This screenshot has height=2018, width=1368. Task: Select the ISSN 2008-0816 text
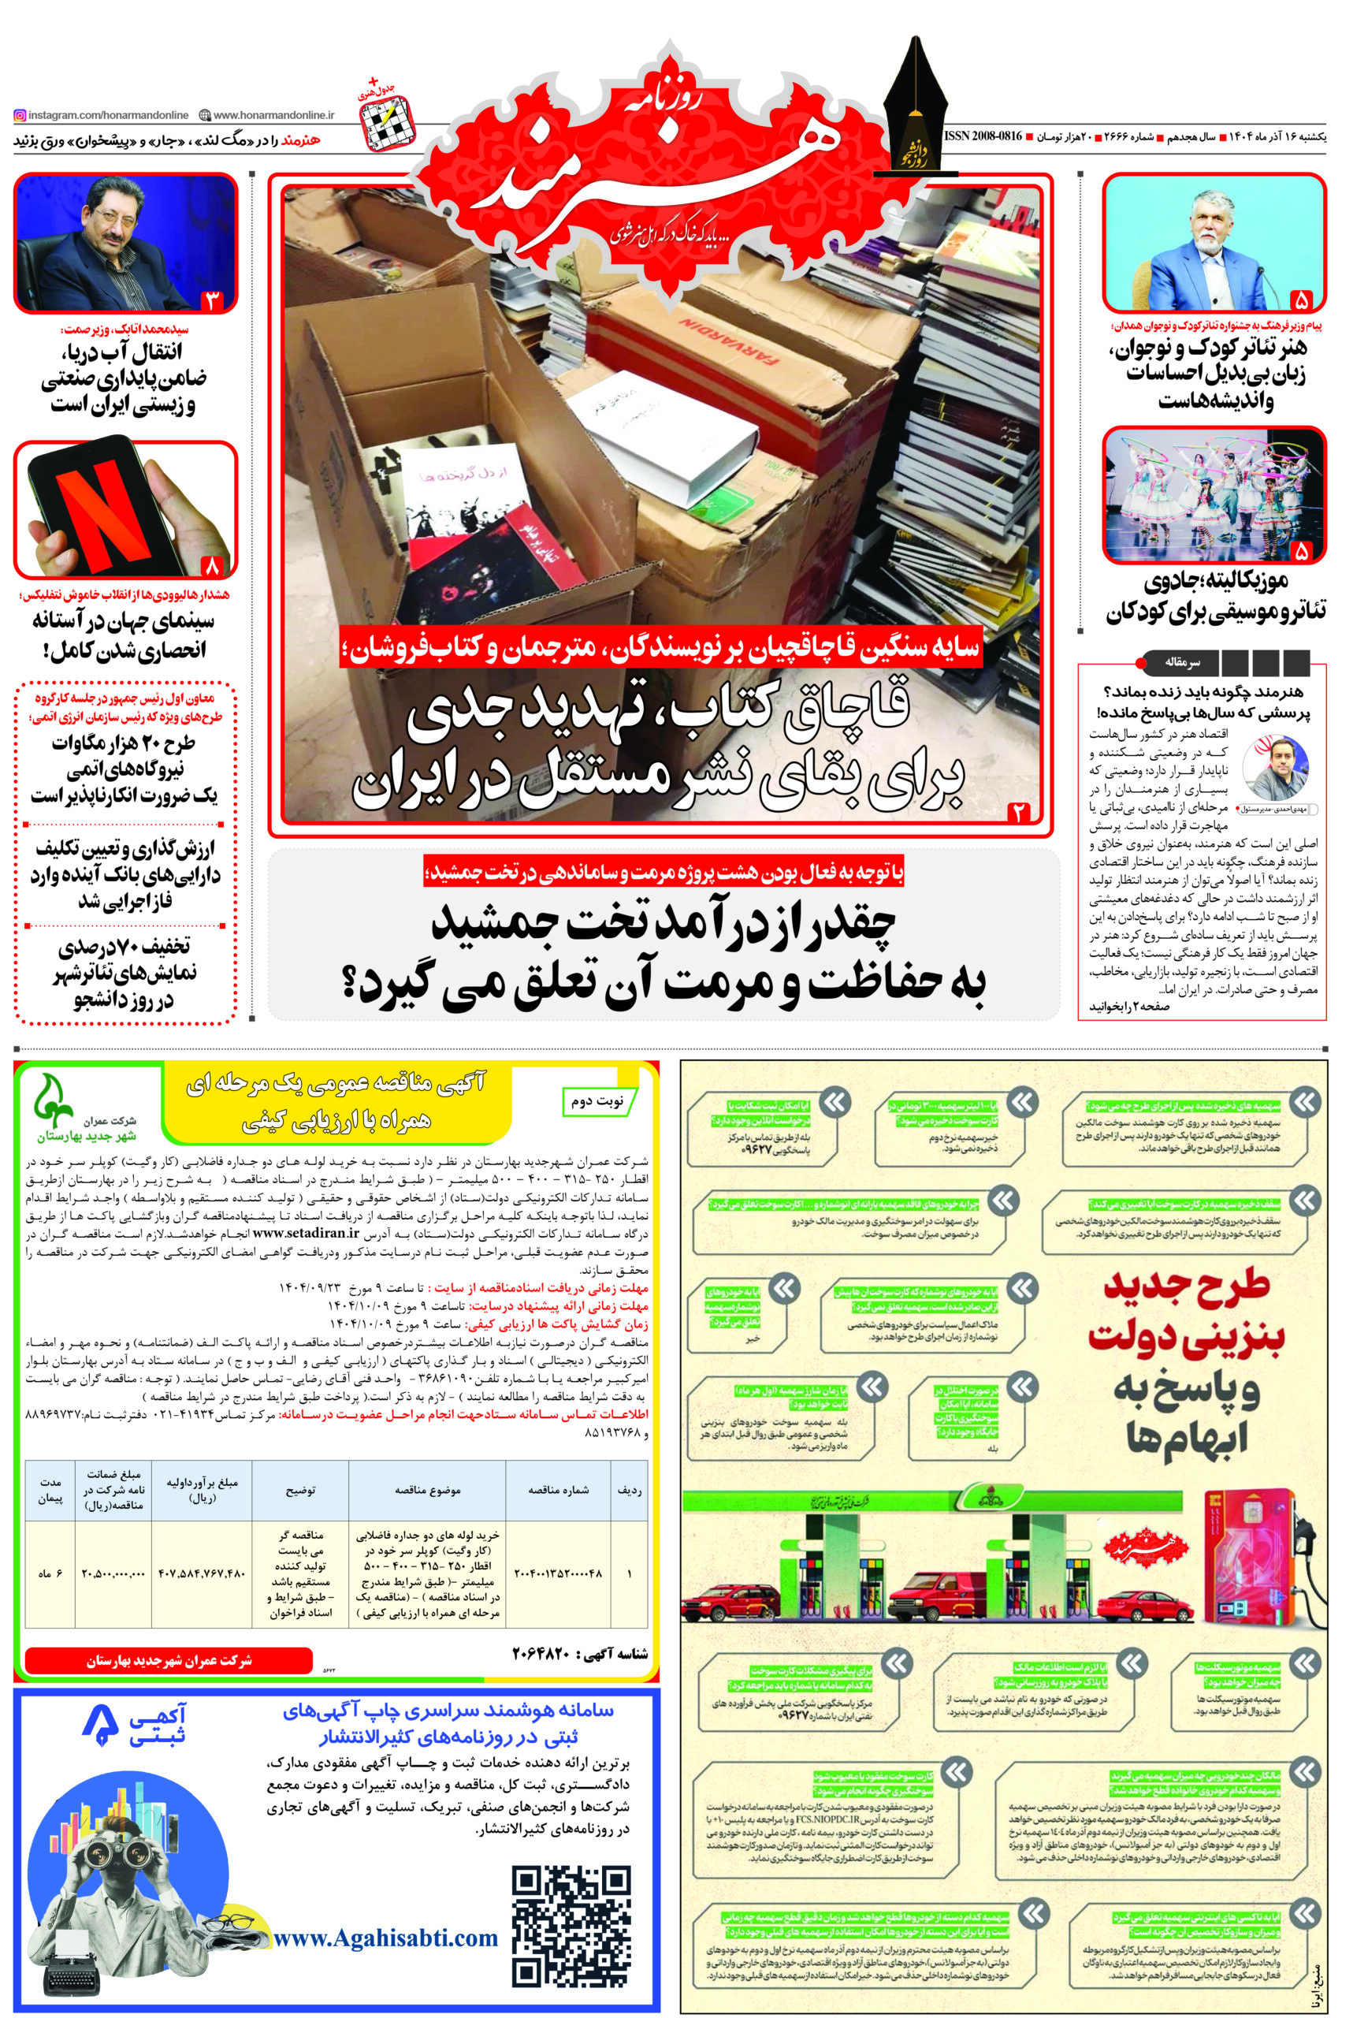point(983,137)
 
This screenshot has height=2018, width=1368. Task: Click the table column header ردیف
point(630,1490)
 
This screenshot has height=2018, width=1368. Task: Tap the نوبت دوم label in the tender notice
point(597,1101)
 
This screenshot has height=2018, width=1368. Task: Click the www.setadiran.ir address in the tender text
point(307,1232)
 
